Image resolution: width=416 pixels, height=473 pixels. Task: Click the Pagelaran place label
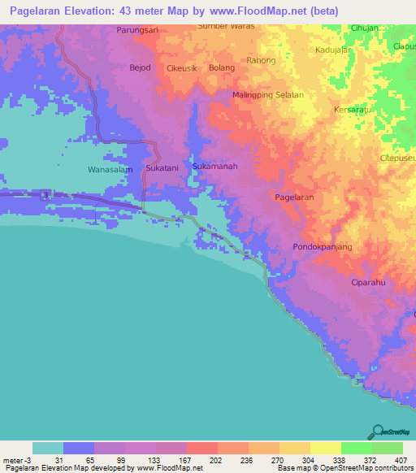[294, 197]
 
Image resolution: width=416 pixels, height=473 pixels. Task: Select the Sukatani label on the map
[161, 167]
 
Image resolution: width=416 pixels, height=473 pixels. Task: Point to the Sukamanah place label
[214, 167]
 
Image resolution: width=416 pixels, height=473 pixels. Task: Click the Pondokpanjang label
[322, 246]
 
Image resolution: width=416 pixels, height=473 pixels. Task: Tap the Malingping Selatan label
[268, 95]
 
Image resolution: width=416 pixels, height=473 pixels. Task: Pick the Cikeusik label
[182, 67]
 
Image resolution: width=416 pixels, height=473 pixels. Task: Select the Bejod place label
[141, 67]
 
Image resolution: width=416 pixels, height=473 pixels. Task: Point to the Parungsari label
[136, 29]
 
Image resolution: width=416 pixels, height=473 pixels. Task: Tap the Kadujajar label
[333, 50]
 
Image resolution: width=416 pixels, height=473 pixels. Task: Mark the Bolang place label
[222, 67]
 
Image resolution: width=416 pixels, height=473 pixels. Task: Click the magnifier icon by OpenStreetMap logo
[377, 432]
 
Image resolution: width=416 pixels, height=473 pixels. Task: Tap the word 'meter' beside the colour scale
[14, 459]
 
